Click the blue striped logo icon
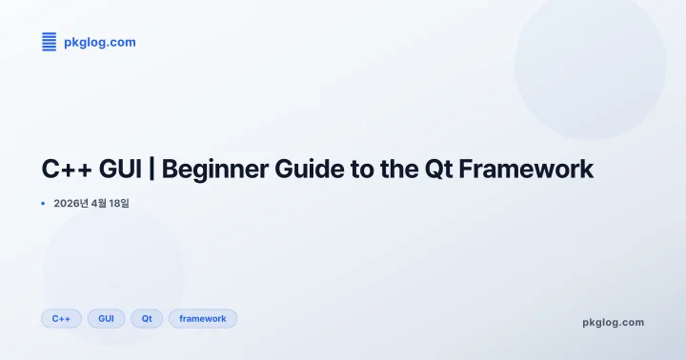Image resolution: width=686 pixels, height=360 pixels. coord(50,42)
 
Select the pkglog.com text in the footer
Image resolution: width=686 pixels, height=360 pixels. coord(613,322)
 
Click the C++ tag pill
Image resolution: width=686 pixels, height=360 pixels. coord(61,318)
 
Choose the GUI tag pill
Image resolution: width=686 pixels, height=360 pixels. coord(106,318)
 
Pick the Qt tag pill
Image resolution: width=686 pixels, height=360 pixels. coord(147,318)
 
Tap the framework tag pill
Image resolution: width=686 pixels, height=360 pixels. coord(203,318)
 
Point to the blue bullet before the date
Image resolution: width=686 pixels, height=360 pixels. coord(43,203)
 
